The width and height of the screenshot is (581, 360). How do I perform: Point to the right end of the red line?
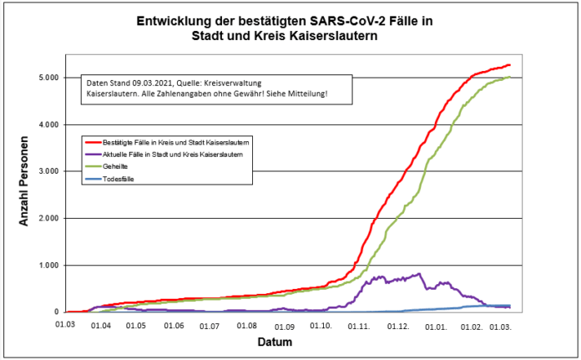pos(509,65)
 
